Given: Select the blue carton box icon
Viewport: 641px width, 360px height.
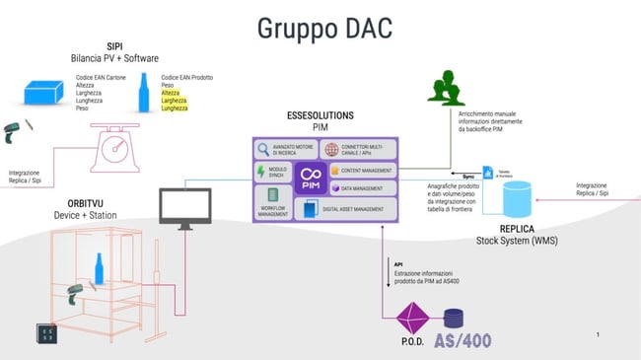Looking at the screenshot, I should (x=49, y=92).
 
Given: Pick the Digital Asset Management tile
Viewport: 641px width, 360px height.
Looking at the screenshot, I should (x=344, y=209).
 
